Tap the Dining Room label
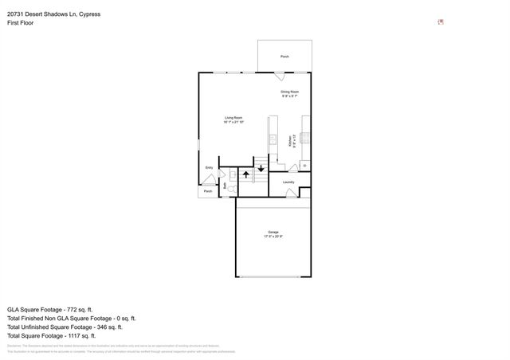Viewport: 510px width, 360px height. (289, 92)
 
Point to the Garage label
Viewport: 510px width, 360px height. (273, 233)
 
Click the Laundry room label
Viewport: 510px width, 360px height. (288, 182)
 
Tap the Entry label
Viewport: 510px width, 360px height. (209, 167)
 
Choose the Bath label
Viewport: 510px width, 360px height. (226, 186)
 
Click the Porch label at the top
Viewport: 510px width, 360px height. (284, 57)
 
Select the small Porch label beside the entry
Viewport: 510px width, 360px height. (208, 191)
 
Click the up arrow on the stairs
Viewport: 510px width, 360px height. (246, 172)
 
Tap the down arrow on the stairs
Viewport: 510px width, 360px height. (261, 167)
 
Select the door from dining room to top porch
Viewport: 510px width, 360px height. (280, 76)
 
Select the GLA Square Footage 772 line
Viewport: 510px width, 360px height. (50, 309)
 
